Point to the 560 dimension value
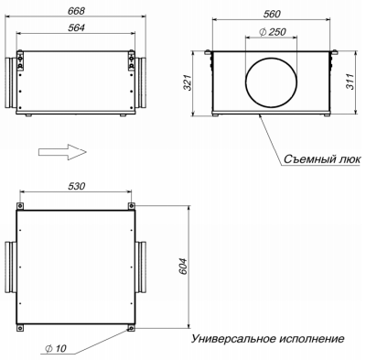(270, 16)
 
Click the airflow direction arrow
(63, 148)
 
